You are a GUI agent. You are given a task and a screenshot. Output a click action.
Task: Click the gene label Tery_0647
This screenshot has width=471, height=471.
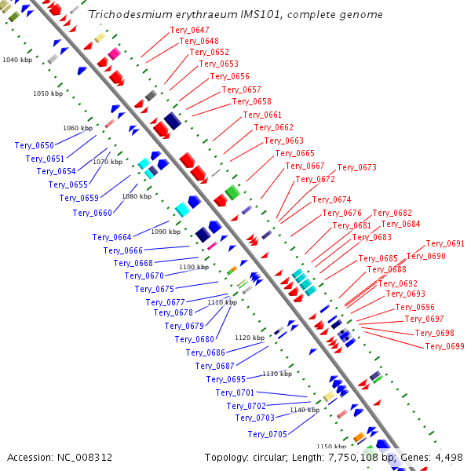point(189,30)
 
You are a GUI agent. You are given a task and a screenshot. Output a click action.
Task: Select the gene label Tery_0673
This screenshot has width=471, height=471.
point(357,168)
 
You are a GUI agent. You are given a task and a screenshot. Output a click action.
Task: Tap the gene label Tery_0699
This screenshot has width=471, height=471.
point(445,346)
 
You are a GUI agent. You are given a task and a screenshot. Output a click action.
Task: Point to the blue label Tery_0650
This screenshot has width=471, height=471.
point(35,145)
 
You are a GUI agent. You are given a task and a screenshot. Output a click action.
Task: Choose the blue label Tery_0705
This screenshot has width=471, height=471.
point(268,434)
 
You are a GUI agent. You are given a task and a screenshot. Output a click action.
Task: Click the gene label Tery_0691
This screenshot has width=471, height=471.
point(445,243)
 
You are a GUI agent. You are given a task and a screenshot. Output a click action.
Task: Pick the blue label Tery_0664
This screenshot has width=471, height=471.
point(112,237)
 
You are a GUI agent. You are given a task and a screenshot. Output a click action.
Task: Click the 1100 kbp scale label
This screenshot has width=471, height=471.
point(194,267)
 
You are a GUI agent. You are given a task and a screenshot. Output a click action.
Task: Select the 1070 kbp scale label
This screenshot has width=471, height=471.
point(108,162)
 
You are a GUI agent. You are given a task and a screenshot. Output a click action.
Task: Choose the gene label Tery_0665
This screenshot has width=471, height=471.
point(295,153)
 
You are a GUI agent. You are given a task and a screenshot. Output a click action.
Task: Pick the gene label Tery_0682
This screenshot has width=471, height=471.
point(392,213)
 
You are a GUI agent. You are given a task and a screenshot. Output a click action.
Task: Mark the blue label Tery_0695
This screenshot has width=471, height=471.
point(226,379)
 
